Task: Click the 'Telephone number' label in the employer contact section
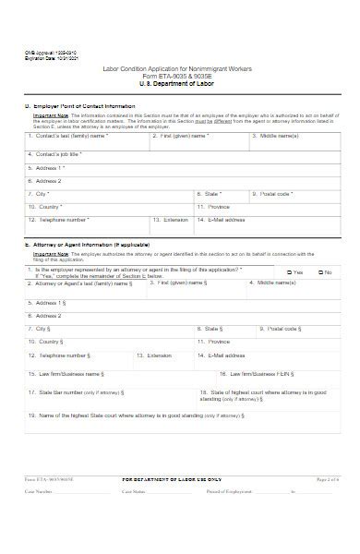[x=61, y=220]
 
